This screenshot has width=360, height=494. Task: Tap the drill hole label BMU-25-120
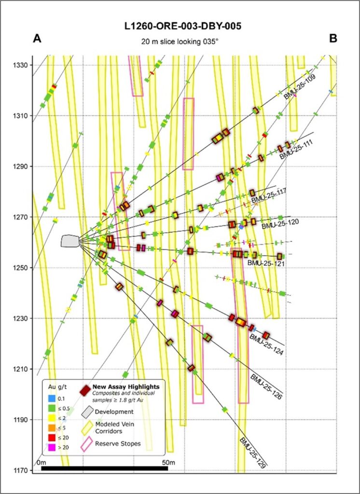click(280, 223)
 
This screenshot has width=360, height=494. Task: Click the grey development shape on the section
click(70, 241)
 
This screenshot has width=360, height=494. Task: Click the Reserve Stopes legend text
click(118, 444)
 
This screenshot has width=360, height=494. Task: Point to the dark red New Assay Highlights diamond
click(86, 389)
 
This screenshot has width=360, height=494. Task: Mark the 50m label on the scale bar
click(167, 462)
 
